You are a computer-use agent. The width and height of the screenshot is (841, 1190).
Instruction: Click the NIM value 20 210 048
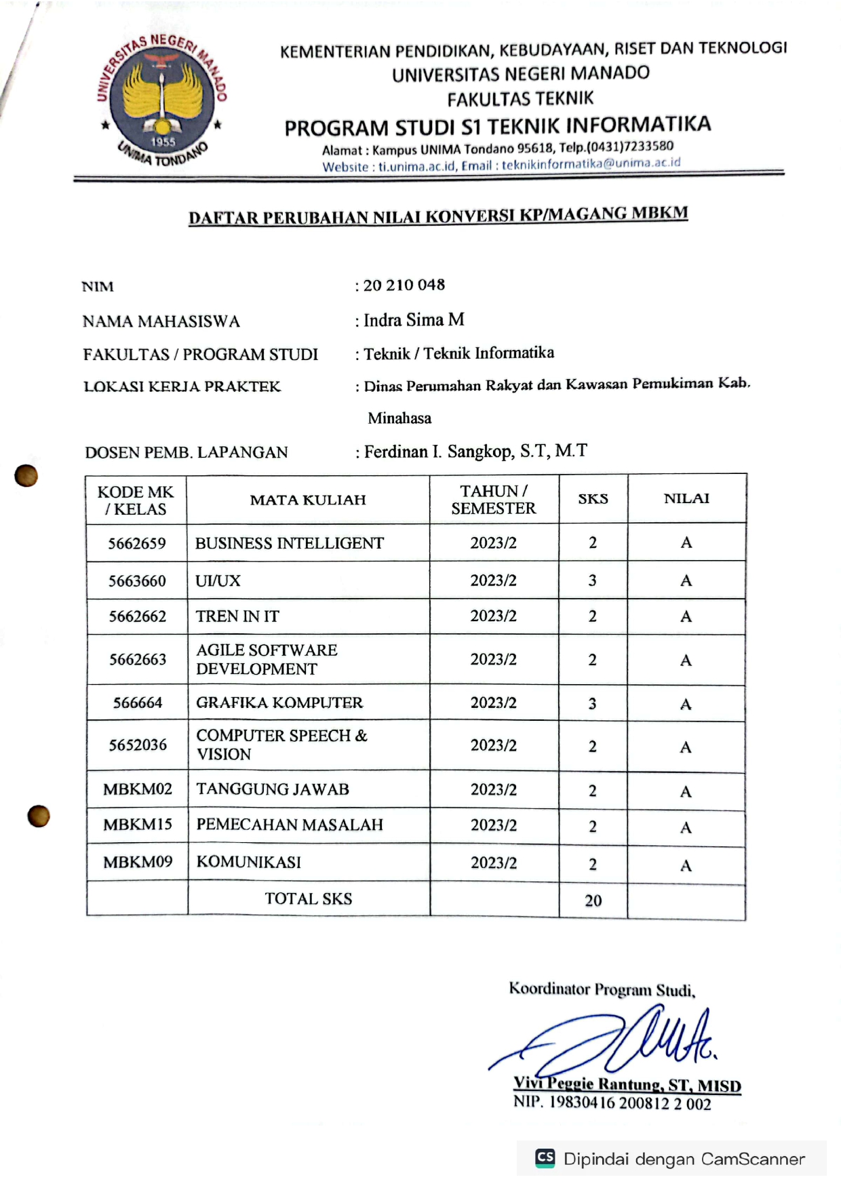[404, 285]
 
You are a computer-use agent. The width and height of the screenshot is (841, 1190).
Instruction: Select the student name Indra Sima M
[414, 320]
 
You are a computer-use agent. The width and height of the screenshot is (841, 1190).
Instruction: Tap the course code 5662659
[137, 543]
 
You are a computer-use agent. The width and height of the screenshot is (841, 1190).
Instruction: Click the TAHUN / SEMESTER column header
[494, 500]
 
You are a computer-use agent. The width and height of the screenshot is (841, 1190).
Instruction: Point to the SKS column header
[593, 498]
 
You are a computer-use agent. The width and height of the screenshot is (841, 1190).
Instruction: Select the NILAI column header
[686, 498]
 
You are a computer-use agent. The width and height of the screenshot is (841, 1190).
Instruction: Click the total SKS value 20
[593, 900]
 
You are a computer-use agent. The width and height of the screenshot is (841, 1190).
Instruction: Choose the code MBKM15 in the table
[138, 825]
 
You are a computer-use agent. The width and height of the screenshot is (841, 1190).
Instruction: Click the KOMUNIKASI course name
[249, 862]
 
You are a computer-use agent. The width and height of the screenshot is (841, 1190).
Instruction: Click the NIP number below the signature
[612, 1103]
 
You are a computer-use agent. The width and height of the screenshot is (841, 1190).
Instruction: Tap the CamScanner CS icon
[545, 1157]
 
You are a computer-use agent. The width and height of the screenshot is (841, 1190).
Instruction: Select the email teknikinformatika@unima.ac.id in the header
[591, 164]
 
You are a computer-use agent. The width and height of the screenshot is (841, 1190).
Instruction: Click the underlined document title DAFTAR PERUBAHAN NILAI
[438, 216]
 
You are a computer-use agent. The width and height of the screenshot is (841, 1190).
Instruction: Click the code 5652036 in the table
[138, 745]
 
